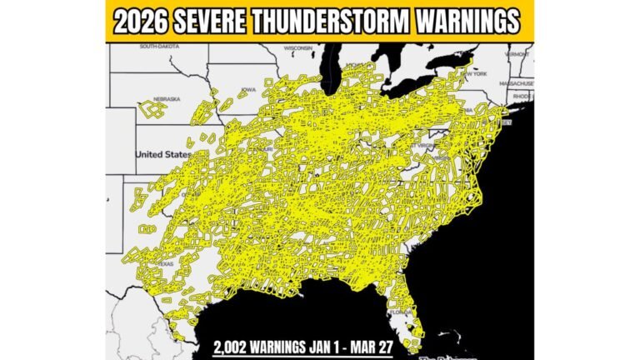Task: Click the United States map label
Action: point(163,154)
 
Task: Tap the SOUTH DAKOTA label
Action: point(160,47)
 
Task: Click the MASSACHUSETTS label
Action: point(517,83)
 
